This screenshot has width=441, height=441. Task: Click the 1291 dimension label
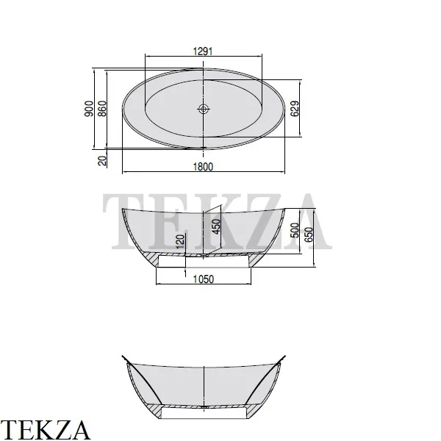tap(203, 51)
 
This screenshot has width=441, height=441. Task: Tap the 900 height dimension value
tap(89, 109)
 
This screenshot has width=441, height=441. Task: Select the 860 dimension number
tap(102, 109)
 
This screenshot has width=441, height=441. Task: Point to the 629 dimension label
tap(295, 109)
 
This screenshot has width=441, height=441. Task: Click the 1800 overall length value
tap(203, 167)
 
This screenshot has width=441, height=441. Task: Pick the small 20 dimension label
tap(102, 160)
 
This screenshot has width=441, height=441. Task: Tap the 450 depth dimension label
tap(217, 226)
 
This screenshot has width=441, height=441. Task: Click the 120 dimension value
tap(180, 241)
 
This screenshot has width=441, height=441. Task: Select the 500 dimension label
tap(295, 230)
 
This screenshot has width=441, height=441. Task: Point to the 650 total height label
tap(309, 234)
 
